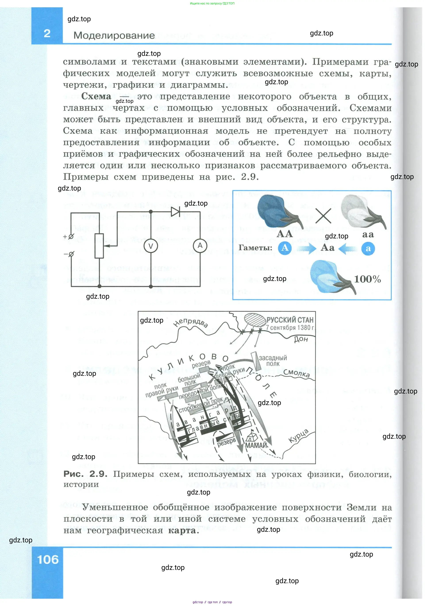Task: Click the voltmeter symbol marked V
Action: [x=150, y=246]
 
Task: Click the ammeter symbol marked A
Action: [x=200, y=246]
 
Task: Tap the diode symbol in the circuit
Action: [x=175, y=211]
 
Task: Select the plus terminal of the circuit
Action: [x=71, y=236]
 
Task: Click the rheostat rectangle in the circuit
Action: [x=99, y=246]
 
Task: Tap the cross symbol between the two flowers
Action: [x=323, y=216]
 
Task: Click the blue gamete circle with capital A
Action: [x=285, y=248]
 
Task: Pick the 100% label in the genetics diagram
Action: [x=367, y=279]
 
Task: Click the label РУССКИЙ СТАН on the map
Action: [x=290, y=320]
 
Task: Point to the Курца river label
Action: [x=298, y=436]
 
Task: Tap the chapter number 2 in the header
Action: [x=47, y=33]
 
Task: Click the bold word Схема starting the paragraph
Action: [x=96, y=96]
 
